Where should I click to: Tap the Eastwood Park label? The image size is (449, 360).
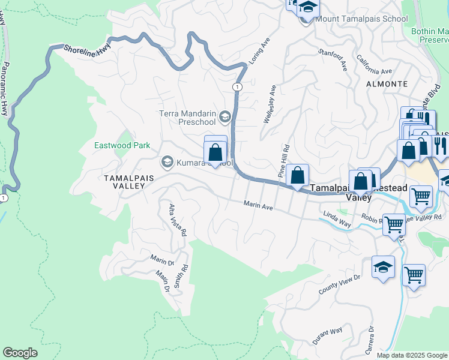pos(122,145)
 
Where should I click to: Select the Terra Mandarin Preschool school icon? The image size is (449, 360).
pos(225,116)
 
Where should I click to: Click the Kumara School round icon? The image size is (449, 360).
pos(166,162)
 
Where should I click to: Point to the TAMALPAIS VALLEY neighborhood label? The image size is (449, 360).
pos(124,182)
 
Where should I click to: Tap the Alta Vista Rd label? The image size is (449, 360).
pos(178,220)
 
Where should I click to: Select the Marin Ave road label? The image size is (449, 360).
pos(258,206)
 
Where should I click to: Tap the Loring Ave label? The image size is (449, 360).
pos(256,54)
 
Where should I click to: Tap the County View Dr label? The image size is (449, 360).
pos(339,284)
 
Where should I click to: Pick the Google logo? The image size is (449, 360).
pos(20,353)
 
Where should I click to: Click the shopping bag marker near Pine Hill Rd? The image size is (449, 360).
pos(297,176)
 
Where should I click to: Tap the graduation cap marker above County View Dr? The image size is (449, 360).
pos(384,268)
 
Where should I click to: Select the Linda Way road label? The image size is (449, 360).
pos(337,218)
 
